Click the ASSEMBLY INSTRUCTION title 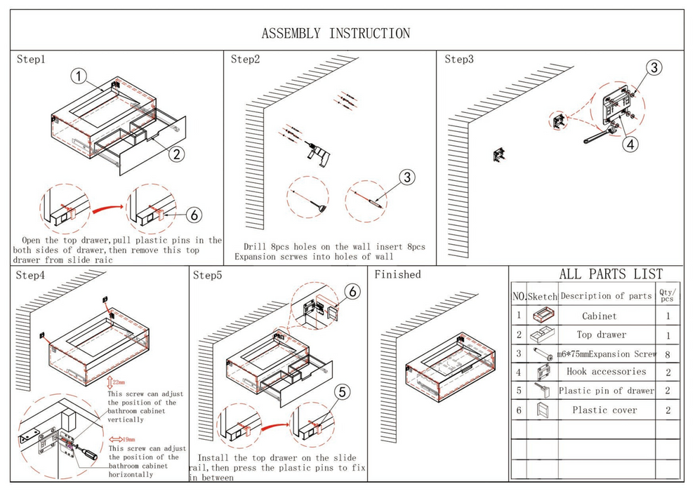(336, 34)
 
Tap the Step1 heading (31, 60)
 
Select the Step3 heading (459, 59)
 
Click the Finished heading (397, 274)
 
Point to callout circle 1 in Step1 (80, 75)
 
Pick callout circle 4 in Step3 (631, 144)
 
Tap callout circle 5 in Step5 (341, 392)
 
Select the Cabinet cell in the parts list (599, 316)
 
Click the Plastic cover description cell (604, 410)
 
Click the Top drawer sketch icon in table (541, 335)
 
